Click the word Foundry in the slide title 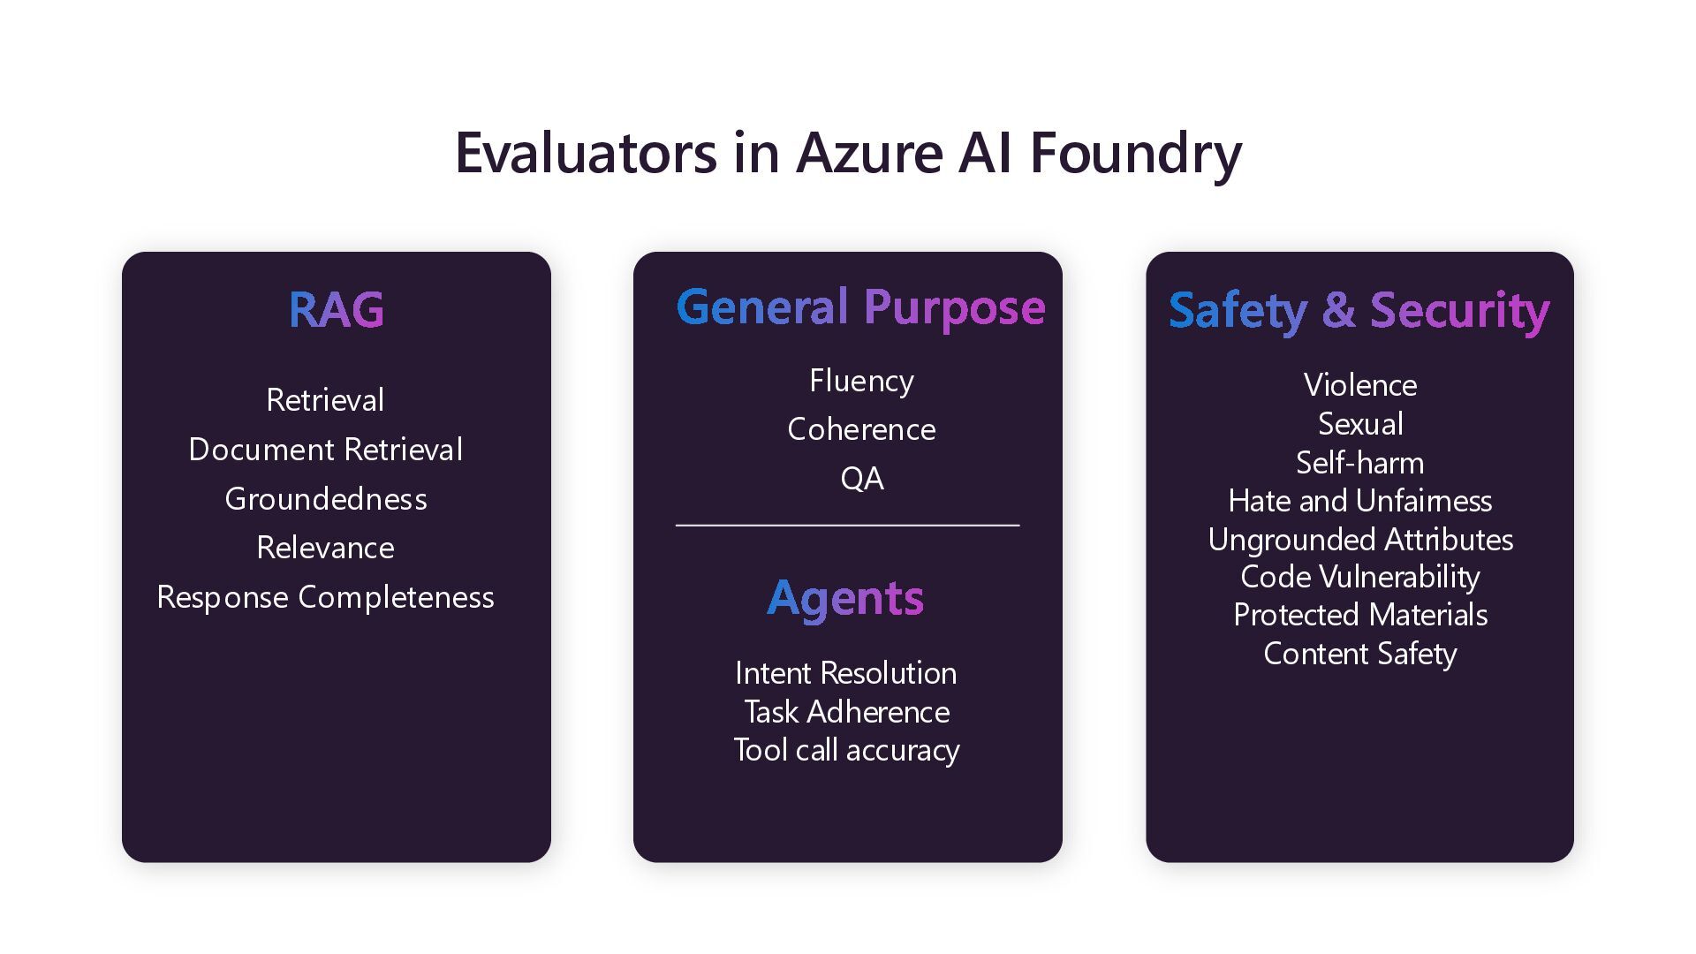[1135, 153]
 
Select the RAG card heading [336, 309]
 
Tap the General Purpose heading [860, 307]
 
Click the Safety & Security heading [1359, 311]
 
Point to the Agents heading [845, 599]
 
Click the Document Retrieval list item [325, 450]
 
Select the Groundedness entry [325, 499]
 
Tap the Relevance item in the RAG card [325, 548]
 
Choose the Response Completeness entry [325, 597]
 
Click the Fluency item [861, 381]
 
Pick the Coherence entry [861, 429]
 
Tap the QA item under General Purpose [861, 479]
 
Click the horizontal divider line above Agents [847, 526]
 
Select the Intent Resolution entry [845, 673]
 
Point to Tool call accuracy [845, 750]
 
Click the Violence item [1359, 385]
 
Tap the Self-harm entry [1359, 463]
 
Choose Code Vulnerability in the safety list [1359, 577]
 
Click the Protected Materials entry [1359, 615]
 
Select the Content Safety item [1359, 654]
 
